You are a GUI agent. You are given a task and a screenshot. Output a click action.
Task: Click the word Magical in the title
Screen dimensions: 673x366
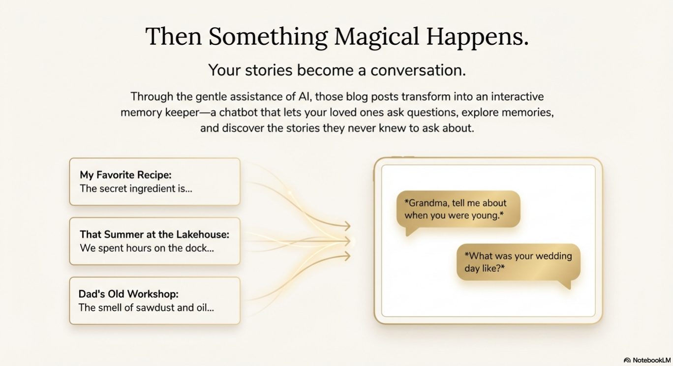[376, 37]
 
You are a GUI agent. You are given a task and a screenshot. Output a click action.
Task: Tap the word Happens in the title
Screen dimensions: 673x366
[477, 37]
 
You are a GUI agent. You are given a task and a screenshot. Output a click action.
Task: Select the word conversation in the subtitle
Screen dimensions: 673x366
[418, 70]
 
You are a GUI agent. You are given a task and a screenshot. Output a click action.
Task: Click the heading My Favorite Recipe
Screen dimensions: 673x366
[125, 175]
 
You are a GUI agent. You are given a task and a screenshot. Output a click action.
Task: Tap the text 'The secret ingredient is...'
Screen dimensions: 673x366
[136, 189]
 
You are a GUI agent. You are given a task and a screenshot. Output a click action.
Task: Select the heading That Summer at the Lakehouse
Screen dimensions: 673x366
[154, 234]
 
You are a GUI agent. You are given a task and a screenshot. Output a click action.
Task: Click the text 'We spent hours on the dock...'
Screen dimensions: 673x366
[147, 248]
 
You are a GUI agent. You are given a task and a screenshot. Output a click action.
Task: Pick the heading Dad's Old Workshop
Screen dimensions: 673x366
[128, 294]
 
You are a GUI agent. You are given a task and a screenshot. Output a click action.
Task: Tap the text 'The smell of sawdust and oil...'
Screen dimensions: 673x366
[146, 307]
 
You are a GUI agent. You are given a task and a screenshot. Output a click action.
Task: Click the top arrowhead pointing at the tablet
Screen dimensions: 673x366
[348, 226]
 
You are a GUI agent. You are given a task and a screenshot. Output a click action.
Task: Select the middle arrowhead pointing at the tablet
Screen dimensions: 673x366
[348, 241]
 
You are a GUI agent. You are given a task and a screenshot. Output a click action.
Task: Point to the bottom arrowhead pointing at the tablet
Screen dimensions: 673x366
[348, 256]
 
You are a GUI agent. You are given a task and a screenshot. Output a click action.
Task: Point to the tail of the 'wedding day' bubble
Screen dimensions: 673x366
[566, 284]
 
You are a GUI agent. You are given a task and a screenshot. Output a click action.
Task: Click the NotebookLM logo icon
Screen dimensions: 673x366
[627, 360]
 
